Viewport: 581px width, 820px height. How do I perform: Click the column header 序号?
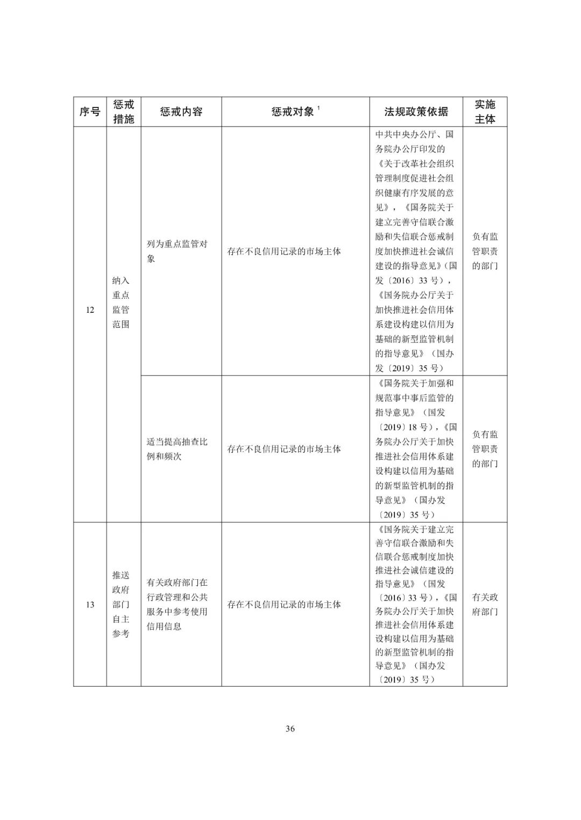pyautogui.click(x=90, y=112)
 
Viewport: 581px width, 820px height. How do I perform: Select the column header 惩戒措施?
pyautogui.click(x=124, y=112)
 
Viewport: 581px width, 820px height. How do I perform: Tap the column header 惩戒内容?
pyautogui.click(x=181, y=112)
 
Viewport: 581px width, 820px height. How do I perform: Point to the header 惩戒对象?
pyautogui.click(x=293, y=112)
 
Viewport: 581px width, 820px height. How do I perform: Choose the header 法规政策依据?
pyautogui.click(x=416, y=112)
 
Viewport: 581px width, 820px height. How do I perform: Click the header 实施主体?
pyautogui.click(x=485, y=112)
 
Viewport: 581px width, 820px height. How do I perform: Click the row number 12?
pyautogui.click(x=90, y=310)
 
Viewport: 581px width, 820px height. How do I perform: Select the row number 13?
pyautogui.click(x=90, y=605)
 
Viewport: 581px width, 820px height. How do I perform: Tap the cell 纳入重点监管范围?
pyautogui.click(x=121, y=303)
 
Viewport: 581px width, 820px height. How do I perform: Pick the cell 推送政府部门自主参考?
pyautogui.click(x=121, y=605)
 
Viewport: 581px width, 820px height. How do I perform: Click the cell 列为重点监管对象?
pyautogui.click(x=177, y=251)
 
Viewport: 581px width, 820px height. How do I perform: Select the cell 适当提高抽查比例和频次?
pyautogui.click(x=177, y=449)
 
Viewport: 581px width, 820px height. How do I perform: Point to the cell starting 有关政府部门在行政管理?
pyautogui.click(x=177, y=605)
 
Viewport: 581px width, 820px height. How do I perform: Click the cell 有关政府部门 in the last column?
pyautogui.click(x=485, y=605)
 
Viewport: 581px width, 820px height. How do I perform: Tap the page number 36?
pyautogui.click(x=290, y=729)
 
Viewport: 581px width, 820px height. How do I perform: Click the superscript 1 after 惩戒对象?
pyautogui.click(x=318, y=108)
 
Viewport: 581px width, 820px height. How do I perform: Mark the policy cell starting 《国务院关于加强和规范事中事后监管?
pyautogui.click(x=416, y=449)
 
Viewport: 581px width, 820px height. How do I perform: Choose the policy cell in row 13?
pyautogui.click(x=416, y=605)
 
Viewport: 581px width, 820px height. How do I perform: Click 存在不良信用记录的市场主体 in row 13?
pyautogui.click(x=284, y=605)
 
